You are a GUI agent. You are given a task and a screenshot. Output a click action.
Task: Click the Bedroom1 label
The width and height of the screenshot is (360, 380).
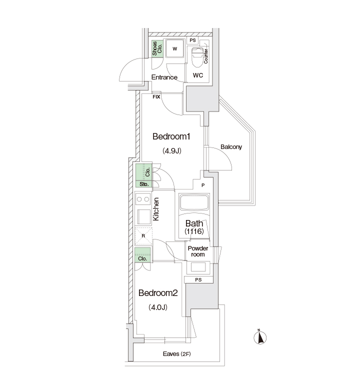171,136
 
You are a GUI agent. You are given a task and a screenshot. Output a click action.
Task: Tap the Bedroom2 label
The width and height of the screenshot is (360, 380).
158,293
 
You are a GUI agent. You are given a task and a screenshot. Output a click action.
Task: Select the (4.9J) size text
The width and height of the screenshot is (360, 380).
172,150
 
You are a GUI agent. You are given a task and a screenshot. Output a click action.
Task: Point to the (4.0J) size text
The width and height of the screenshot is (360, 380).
158,307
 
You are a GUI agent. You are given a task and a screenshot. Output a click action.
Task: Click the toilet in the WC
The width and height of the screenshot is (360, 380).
197,57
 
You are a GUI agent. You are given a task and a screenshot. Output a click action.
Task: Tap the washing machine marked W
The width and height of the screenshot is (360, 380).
174,48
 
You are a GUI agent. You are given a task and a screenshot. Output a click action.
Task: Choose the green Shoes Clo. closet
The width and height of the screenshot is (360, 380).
157,48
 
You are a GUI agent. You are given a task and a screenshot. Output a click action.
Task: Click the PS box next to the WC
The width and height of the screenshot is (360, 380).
192,40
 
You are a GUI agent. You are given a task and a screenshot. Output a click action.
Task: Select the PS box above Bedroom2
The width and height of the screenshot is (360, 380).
198,279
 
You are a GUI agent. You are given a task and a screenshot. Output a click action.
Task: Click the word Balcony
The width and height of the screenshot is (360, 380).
231,147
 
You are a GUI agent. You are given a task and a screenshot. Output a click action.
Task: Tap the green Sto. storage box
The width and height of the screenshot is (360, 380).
144,184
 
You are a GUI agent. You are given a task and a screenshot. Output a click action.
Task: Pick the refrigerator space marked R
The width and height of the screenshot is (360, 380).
143,236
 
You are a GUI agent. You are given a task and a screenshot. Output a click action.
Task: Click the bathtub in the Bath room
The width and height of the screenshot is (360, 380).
194,202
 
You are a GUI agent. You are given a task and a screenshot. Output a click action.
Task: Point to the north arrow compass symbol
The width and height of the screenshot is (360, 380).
260,337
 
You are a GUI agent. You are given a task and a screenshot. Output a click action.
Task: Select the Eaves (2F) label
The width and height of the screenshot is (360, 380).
176,354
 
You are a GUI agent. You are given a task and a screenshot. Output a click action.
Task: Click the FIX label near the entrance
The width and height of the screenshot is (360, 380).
156,97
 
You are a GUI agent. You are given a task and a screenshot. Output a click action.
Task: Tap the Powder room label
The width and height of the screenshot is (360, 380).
198,251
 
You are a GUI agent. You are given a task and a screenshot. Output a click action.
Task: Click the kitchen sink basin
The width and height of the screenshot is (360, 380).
144,216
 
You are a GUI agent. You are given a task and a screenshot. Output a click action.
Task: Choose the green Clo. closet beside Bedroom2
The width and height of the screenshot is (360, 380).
142,255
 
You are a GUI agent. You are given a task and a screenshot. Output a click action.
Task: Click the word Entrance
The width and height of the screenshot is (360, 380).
164,77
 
